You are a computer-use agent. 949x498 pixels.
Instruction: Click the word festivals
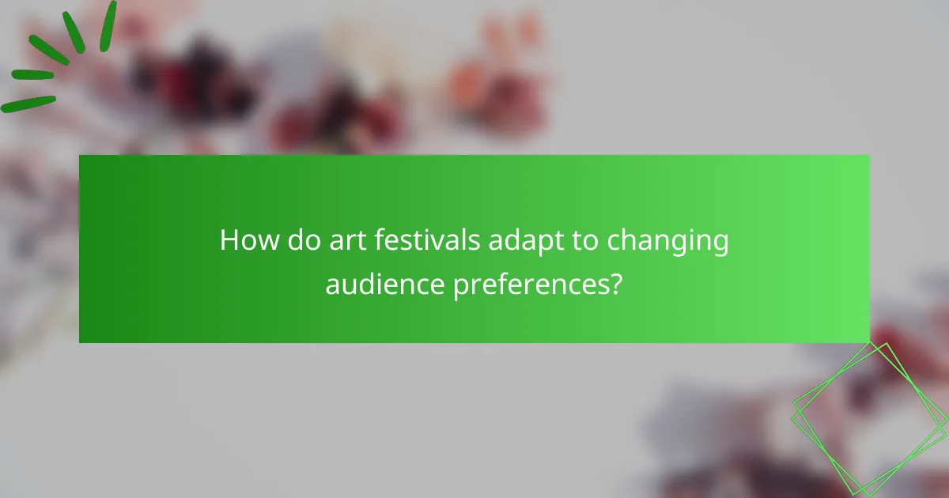tap(421, 240)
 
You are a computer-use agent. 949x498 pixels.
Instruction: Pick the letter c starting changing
tap(614, 242)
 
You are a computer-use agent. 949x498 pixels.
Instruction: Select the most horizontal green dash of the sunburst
tap(32, 75)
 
